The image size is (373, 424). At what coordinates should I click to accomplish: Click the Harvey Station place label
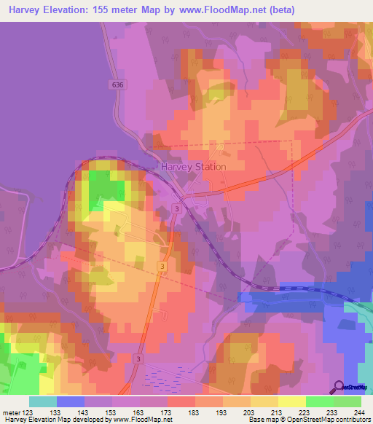click(x=193, y=166)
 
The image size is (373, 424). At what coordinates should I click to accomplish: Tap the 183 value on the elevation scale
click(x=194, y=412)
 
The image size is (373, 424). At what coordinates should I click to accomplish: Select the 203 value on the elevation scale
click(x=248, y=412)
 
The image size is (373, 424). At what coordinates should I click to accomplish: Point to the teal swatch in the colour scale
click(x=43, y=401)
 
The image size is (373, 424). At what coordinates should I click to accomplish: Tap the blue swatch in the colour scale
click(x=71, y=401)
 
